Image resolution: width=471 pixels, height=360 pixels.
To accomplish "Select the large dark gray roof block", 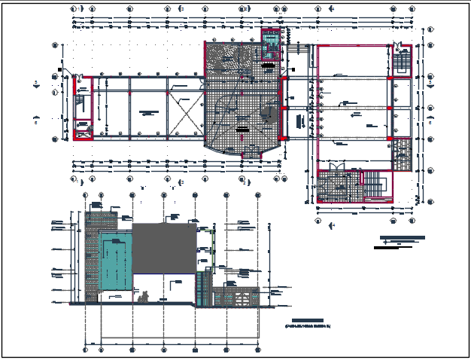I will pos(165,248).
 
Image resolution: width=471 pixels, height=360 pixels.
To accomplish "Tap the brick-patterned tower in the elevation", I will pos(93,256).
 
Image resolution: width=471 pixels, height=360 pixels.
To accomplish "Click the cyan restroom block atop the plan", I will pos(270,38).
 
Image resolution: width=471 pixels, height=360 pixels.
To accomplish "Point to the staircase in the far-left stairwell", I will pos(80,102).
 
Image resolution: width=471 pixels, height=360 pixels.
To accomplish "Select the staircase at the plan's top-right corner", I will pos(401,61).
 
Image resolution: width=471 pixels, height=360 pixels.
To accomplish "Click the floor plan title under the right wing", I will pos(402,241).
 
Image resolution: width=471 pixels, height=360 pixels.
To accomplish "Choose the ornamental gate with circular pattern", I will pos(242,299).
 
